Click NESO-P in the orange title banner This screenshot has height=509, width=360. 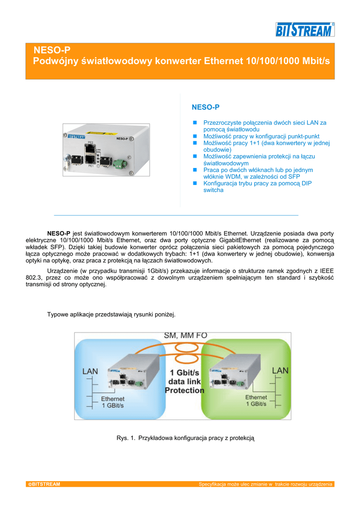[52, 50]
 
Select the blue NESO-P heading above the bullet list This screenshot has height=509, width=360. [205, 107]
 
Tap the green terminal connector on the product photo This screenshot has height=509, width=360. [120, 163]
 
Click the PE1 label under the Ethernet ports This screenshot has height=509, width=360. [91, 167]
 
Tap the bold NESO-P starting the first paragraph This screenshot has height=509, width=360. [58, 233]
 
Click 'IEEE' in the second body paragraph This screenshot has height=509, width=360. [326, 271]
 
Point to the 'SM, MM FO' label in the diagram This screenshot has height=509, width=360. [185, 336]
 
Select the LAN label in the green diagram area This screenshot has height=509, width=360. [280, 371]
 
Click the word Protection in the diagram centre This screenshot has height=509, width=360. [184, 390]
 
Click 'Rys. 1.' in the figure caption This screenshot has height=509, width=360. [125, 438]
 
